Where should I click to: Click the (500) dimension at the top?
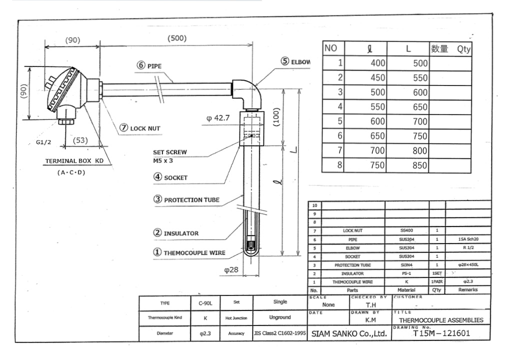click(x=176, y=39)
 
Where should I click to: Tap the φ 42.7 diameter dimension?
click(x=217, y=118)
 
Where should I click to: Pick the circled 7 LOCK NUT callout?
click(x=140, y=128)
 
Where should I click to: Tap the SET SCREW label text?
click(x=170, y=152)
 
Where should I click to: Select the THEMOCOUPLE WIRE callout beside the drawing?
click(x=189, y=253)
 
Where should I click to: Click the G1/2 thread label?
click(x=43, y=142)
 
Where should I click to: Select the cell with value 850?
click(x=420, y=165)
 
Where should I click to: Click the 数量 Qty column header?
click(x=450, y=48)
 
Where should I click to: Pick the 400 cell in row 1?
click(x=378, y=63)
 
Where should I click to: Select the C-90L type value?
click(x=204, y=303)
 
